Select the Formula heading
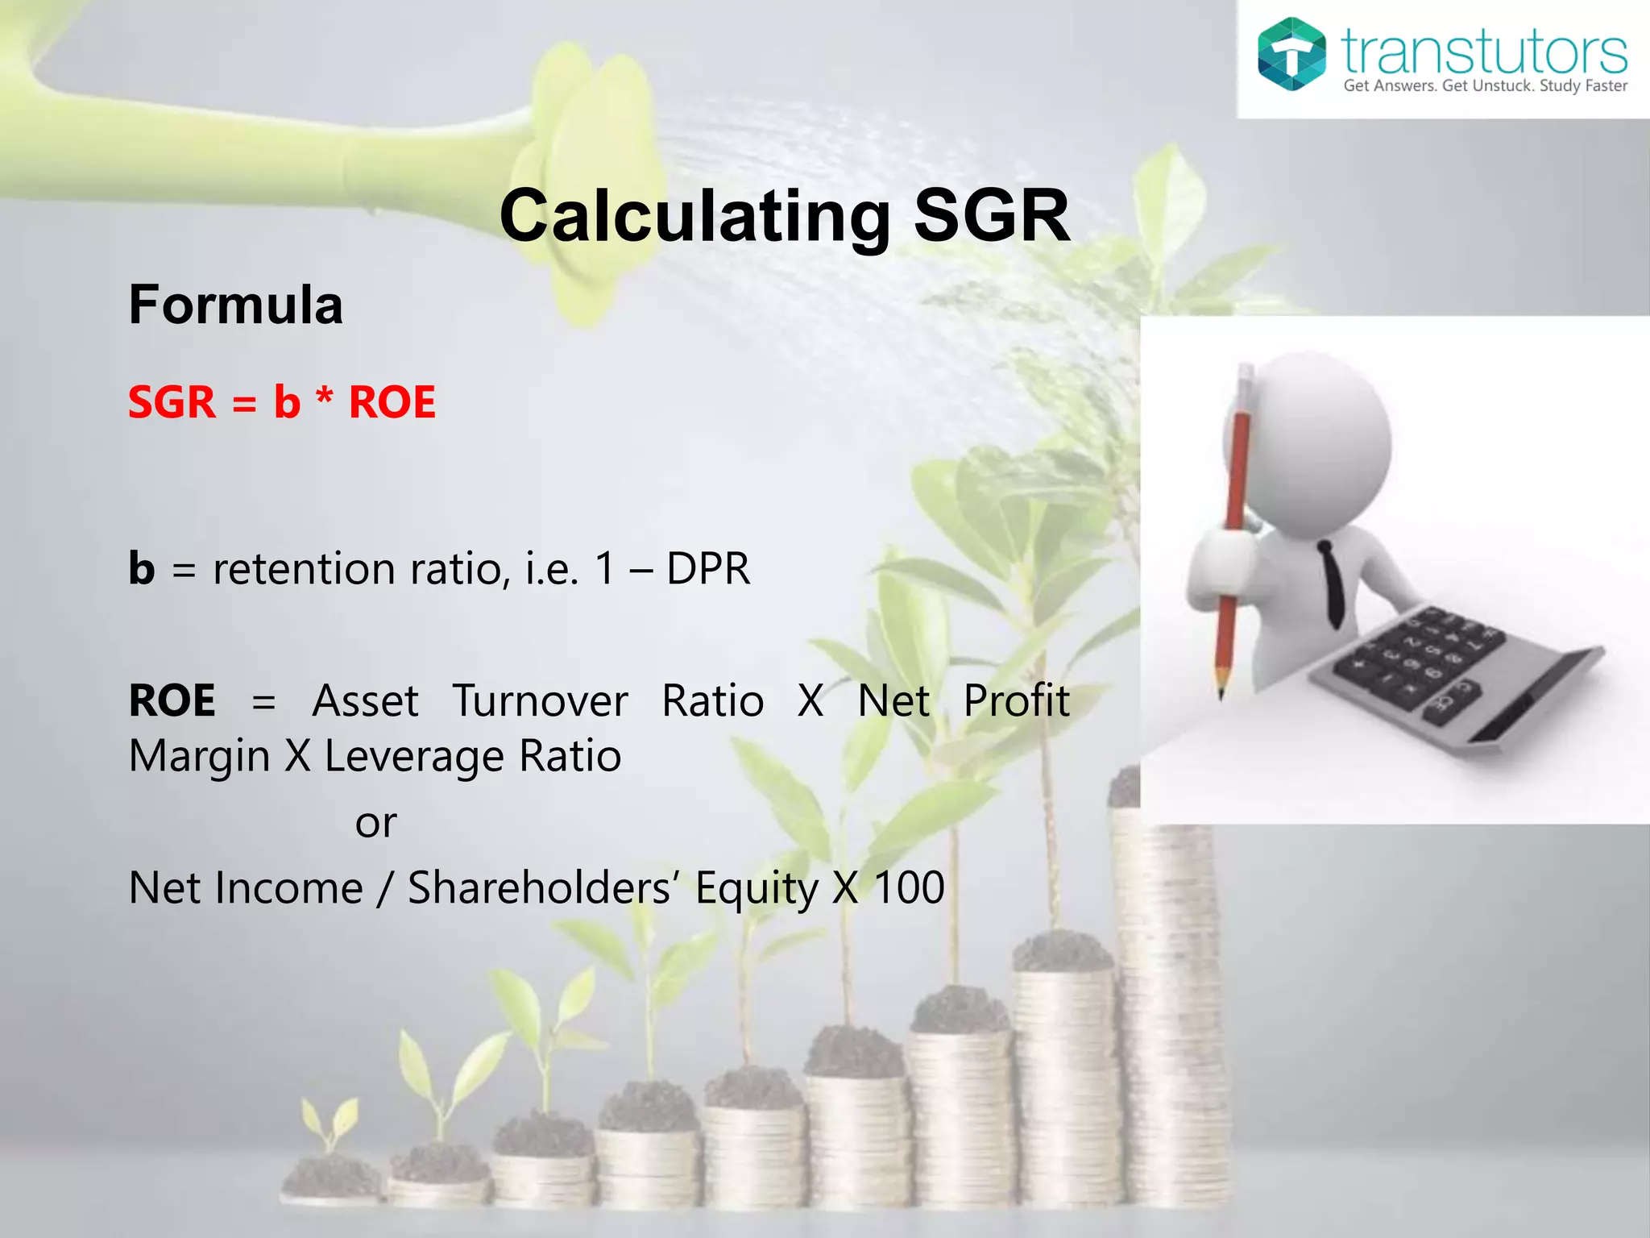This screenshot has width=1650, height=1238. (236, 305)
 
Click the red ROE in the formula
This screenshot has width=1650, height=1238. (392, 402)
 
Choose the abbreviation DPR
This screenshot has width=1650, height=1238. (708, 569)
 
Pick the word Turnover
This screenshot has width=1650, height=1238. (540, 700)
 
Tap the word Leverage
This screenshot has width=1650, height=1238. (413, 757)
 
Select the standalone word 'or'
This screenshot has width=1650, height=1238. (375, 823)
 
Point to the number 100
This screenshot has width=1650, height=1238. (909, 888)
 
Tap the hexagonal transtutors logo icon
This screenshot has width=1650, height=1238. (1291, 53)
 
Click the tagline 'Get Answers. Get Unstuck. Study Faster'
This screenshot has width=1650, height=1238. (1485, 86)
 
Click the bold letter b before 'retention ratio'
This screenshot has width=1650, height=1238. (142, 568)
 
